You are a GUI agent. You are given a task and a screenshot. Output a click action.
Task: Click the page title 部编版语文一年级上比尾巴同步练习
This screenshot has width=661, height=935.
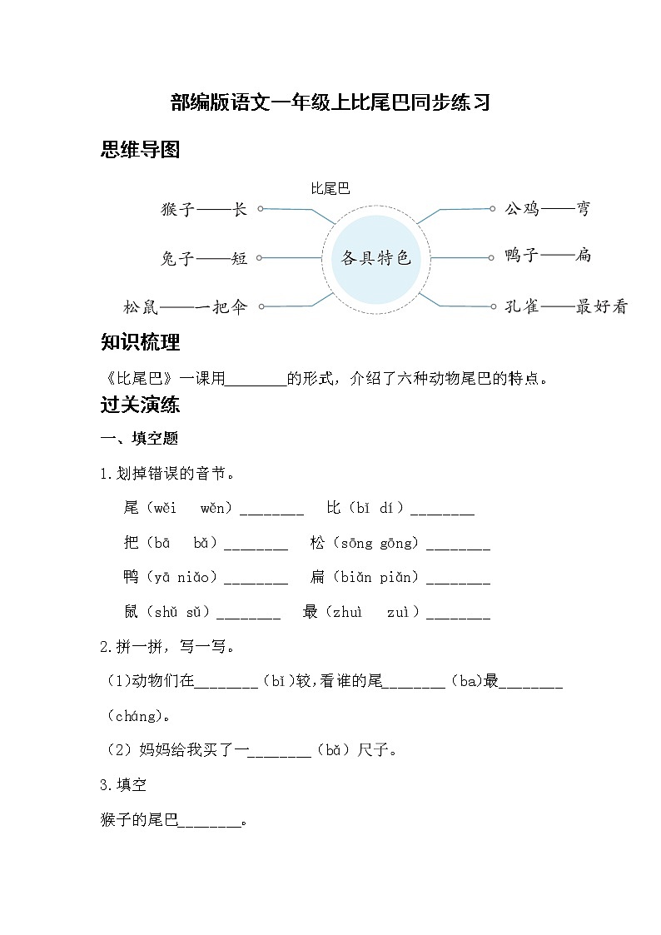(x=330, y=102)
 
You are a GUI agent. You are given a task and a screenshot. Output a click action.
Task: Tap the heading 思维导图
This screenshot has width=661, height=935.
(x=140, y=150)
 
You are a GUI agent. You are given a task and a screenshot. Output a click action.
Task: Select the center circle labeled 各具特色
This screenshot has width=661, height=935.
(x=375, y=258)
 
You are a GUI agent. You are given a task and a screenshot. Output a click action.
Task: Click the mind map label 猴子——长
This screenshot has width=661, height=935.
(x=204, y=210)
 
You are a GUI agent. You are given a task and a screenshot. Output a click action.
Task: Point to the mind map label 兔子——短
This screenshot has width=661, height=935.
(x=204, y=259)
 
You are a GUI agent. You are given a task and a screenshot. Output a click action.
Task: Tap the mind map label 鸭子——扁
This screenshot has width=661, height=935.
(x=548, y=256)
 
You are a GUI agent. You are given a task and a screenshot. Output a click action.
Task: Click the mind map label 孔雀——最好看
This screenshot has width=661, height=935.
(x=566, y=306)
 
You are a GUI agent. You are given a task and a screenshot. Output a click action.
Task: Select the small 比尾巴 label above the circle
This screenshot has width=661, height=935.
(x=330, y=189)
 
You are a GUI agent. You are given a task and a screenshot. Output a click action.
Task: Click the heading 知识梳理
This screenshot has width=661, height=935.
(x=140, y=342)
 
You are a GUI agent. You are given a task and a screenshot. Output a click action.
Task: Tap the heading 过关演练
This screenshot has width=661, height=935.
(x=140, y=405)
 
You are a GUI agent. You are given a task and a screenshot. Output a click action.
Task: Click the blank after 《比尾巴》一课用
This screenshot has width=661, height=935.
(x=256, y=380)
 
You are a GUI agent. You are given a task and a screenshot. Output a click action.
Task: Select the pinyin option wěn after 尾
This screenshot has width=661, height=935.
(x=212, y=508)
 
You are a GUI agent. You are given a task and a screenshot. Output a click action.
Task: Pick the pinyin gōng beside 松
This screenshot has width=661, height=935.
(x=398, y=543)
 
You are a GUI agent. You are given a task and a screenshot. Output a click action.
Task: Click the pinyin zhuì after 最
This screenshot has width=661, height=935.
(x=348, y=613)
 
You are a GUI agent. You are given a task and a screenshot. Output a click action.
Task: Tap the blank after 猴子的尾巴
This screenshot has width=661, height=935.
(x=210, y=822)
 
